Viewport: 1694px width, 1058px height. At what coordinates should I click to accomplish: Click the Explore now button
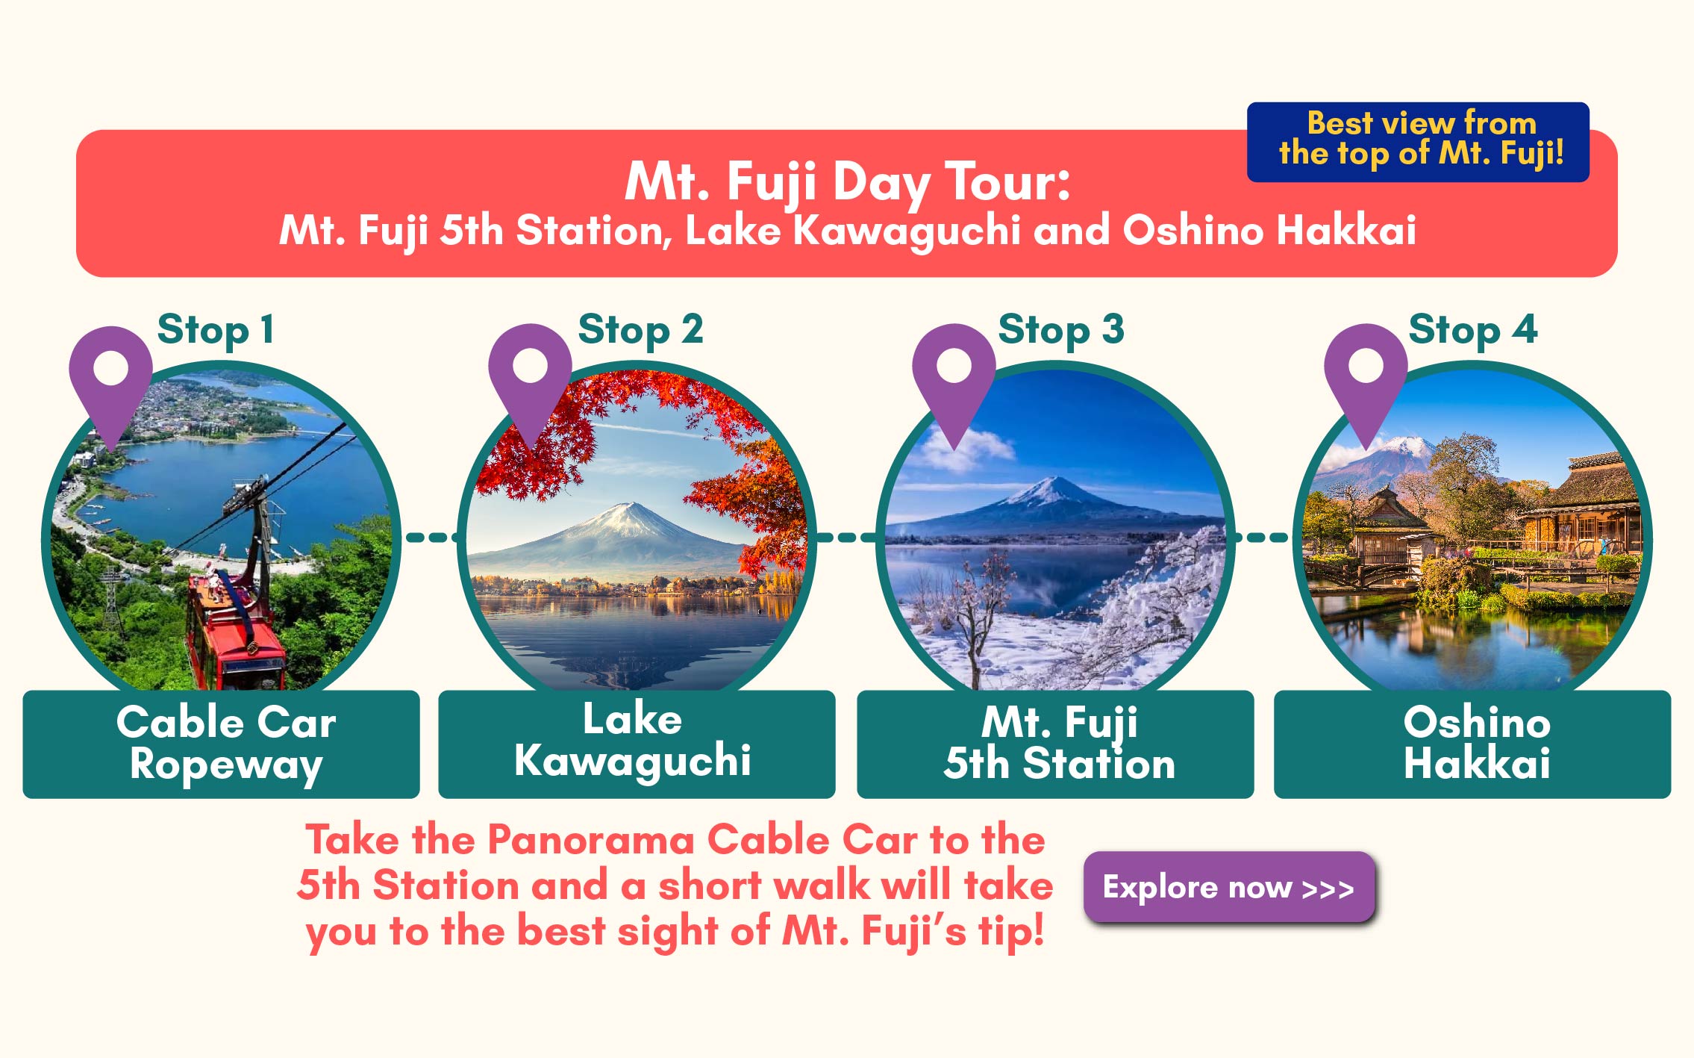click(x=1229, y=887)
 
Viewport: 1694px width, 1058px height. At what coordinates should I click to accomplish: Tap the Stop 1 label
click(x=216, y=330)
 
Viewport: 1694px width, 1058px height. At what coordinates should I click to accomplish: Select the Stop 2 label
click(x=640, y=330)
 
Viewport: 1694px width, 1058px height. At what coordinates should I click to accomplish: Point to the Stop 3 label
click(x=1061, y=330)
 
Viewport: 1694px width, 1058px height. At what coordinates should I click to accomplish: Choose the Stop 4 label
click(x=1473, y=330)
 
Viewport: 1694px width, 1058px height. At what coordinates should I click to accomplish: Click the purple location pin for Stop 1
click(x=110, y=381)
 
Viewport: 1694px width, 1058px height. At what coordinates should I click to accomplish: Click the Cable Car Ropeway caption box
click(x=221, y=744)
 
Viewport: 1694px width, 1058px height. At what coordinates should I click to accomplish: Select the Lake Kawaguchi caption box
click(x=637, y=744)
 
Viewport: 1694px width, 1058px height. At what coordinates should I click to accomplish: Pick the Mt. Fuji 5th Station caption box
click(x=1055, y=744)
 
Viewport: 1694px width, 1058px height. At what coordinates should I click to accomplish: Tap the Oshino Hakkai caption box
click(x=1472, y=744)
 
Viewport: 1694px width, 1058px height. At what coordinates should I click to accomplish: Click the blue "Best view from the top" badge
click(x=1418, y=142)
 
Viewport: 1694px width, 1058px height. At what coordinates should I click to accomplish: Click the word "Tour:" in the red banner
click(x=1007, y=181)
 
